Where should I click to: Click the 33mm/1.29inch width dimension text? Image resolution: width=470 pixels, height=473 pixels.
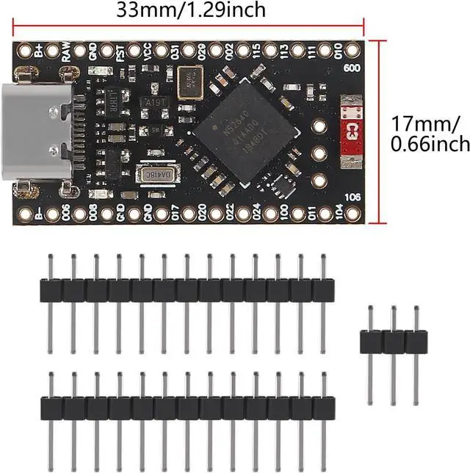(191, 10)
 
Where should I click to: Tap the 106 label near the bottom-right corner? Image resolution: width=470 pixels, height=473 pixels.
(352, 196)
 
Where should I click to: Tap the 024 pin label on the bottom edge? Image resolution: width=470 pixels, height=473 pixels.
(256, 214)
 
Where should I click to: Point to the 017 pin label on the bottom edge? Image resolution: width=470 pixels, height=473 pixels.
(175, 214)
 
